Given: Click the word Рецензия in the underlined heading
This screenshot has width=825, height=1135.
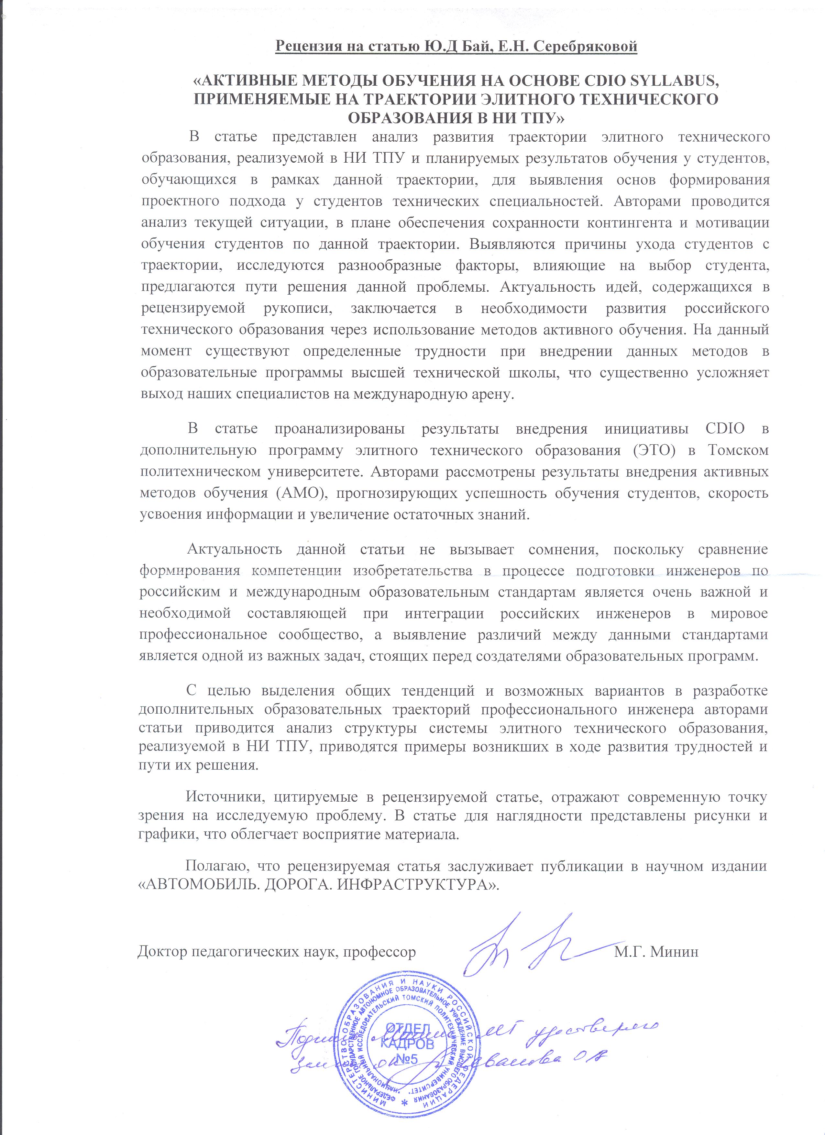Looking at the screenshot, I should tap(311, 47).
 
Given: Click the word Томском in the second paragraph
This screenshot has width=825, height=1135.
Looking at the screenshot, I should tap(738, 450).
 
